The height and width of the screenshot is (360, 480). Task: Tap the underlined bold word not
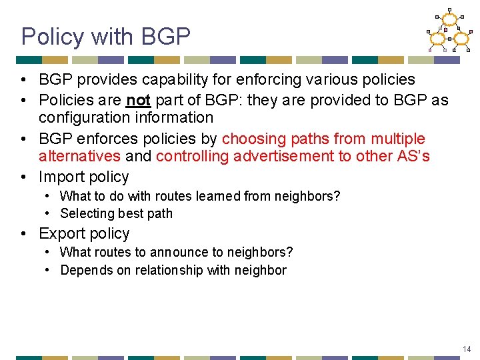(138, 100)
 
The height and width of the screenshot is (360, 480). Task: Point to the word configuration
(80, 118)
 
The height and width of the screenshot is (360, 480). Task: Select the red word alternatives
(79, 157)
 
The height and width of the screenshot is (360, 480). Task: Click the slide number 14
(467, 349)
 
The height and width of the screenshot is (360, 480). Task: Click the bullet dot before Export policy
(25, 234)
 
